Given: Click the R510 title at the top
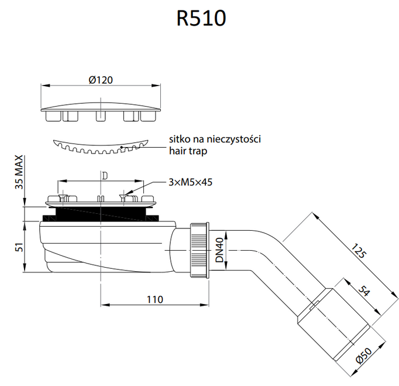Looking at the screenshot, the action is tap(201, 18).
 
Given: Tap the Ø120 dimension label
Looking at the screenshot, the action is tap(101, 80).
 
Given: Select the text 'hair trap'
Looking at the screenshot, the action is tap(188, 151).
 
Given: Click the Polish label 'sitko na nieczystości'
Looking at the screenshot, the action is tap(215, 139).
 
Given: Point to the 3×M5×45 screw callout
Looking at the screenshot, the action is tap(190, 182).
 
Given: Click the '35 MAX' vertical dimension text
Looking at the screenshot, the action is tap(19, 172).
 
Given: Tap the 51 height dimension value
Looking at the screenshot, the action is tap(19, 247).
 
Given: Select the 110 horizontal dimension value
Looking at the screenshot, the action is tap(154, 300).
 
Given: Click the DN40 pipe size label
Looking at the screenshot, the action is tap(219, 250).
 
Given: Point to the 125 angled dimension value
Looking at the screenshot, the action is tap(359, 251).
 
